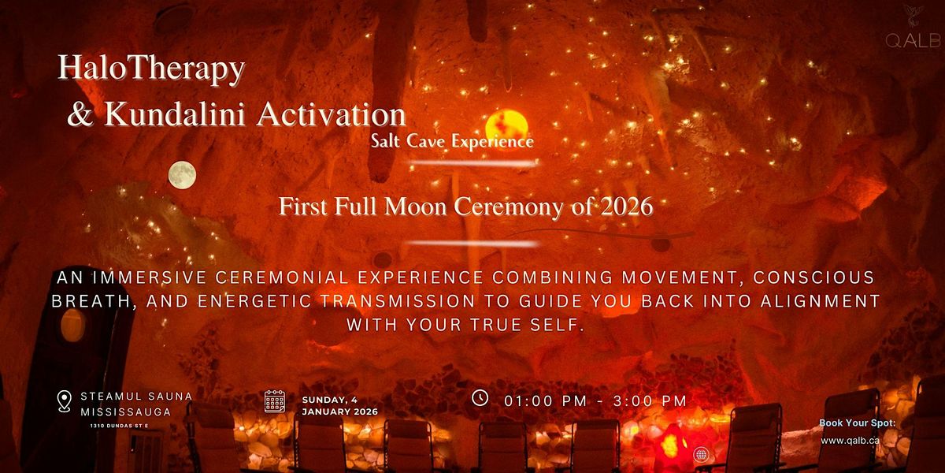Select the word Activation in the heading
[x=332, y=114]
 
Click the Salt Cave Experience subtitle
[x=452, y=141]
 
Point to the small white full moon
[x=182, y=175]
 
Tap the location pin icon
[x=64, y=401]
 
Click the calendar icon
[x=275, y=401]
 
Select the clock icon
[x=480, y=398]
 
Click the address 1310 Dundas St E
[x=119, y=426]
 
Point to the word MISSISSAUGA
[x=126, y=412]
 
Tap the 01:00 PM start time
[x=545, y=400]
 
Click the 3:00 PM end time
[x=650, y=400]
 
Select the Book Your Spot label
[x=858, y=423]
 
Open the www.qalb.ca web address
[x=850, y=441]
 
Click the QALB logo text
[x=913, y=40]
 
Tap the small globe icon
[x=701, y=455]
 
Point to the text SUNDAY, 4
[x=330, y=400]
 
